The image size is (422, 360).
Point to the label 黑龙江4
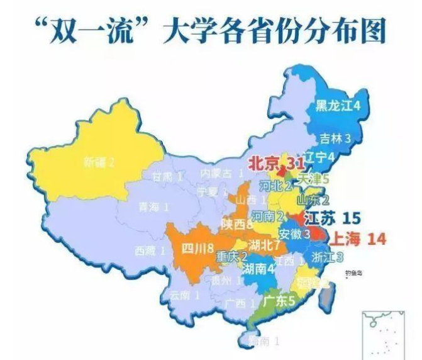pyautogui.click(x=338, y=106)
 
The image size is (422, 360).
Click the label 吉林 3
pyautogui.click(x=335, y=137)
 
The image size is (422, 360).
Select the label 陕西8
pyautogui.click(x=237, y=223)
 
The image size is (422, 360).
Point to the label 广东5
pyautogui.click(x=279, y=300)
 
